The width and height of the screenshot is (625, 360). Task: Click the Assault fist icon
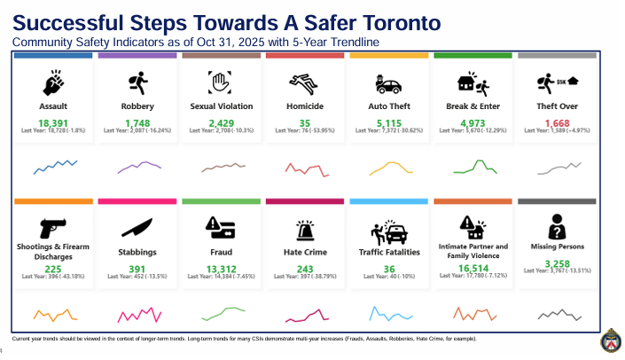pyautogui.click(x=53, y=84)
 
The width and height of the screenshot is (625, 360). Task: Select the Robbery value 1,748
pyautogui.click(x=137, y=122)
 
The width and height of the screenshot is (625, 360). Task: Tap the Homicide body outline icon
pyautogui.click(x=305, y=84)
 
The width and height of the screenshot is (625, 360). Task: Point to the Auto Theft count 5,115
pyautogui.click(x=390, y=122)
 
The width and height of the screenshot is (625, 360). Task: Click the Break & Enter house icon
pyautogui.click(x=472, y=84)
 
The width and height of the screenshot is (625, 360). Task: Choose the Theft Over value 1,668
pyautogui.click(x=557, y=122)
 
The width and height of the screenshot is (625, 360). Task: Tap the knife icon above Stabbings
pyautogui.click(x=137, y=225)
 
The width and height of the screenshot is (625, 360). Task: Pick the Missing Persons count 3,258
pyautogui.click(x=557, y=264)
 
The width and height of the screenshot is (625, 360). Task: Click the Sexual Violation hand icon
pyautogui.click(x=221, y=84)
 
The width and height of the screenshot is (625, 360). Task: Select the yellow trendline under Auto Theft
pyautogui.click(x=390, y=167)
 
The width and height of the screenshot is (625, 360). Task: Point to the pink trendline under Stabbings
pyautogui.click(x=137, y=314)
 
